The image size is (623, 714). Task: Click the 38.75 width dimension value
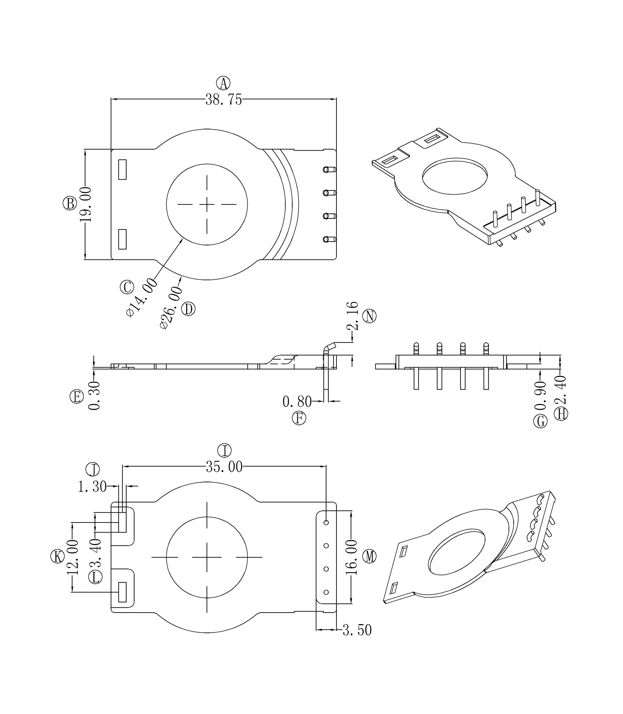(224, 100)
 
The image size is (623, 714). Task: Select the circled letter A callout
(223, 83)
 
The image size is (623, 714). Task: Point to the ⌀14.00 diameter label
(142, 297)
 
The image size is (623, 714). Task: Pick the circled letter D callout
(189, 309)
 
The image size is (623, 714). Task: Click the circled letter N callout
(370, 316)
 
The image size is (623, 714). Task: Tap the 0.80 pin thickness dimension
(297, 402)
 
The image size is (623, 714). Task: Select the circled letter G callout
(541, 421)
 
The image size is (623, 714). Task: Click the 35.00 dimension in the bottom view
(224, 467)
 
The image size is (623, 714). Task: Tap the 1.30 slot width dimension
(92, 486)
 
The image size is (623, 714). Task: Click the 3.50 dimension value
(357, 630)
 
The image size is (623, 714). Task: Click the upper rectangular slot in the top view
(122, 170)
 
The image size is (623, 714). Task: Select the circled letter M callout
(370, 556)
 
